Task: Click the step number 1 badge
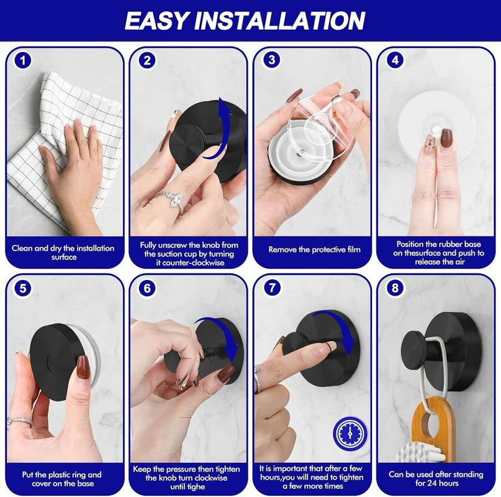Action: pyautogui.click(x=23, y=61)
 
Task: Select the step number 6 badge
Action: pyautogui.click(x=147, y=288)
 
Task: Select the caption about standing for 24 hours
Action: pyautogui.click(x=436, y=478)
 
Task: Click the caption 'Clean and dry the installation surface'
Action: pyautogui.click(x=63, y=252)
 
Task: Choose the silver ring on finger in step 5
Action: pyautogui.click(x=19, y=422)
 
